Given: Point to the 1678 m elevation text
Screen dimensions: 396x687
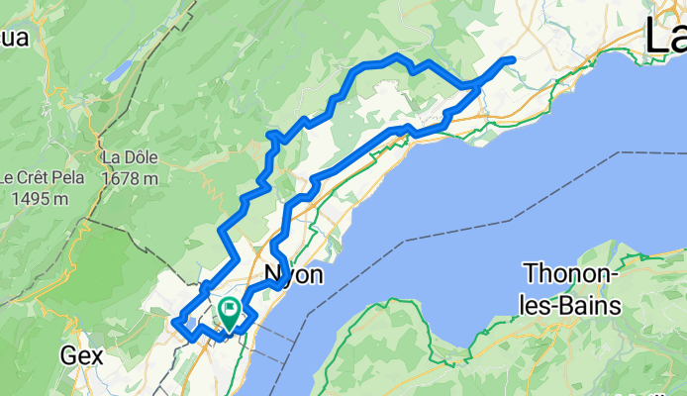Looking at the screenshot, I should [x=130, y=178].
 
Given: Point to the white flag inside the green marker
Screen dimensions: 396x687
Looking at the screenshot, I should [x=230, y=311].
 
